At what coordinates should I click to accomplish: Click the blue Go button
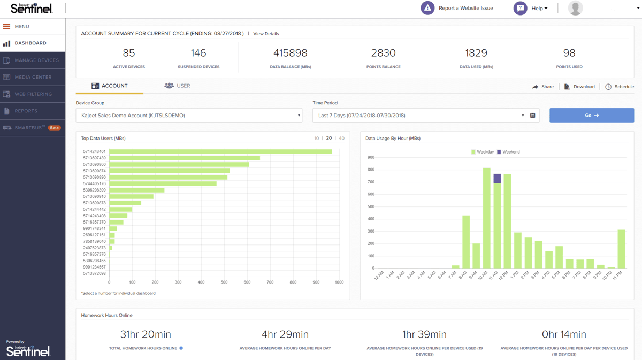(591, 116)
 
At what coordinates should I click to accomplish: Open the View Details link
(266, 34)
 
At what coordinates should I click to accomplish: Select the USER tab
(177, 86)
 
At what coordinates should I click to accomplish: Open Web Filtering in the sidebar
(33, 94)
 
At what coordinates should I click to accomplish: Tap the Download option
(579, 87)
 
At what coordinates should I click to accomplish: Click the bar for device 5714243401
(220, 152)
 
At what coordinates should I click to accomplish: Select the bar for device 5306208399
(137, 190)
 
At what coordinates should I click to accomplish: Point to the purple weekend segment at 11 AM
(497, 179)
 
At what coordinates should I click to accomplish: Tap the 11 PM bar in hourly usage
(621, 249)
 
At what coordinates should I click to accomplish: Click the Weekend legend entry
(508, 152)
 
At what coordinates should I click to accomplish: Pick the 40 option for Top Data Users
(341, 139)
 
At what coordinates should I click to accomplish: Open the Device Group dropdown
(189, 116)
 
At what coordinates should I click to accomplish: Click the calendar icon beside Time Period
(533, 116)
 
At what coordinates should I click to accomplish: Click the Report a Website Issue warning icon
(427, 8)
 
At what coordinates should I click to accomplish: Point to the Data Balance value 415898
(291, 53)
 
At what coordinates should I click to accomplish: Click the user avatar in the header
(575, 8)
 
